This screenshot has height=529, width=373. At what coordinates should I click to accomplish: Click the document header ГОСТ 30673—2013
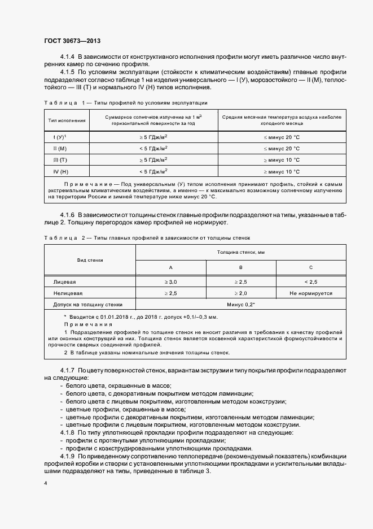[x=72, y=41]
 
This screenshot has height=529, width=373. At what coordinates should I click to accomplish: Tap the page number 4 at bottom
[x=46, y=484]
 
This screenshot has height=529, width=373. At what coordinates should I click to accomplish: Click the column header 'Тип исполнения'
[x=67, y=120]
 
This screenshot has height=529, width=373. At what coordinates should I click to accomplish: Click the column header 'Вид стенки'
[x=90, y=259]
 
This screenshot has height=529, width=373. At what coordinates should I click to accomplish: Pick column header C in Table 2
[x=310, y=267]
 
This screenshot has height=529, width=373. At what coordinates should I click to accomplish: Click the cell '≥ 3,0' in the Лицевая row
[x=170, y=281]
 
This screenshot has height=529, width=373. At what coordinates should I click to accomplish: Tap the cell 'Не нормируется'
[x=310, y=293]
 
